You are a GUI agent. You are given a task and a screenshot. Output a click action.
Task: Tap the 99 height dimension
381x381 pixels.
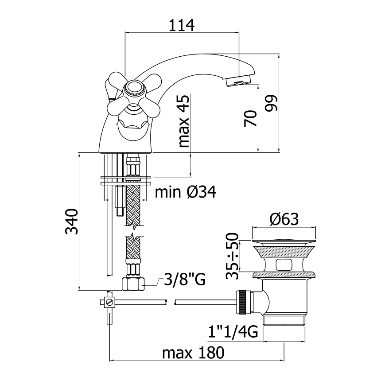pyautogui.click(x=271, y=103)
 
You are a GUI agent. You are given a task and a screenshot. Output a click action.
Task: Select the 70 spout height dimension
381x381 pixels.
pyautogui.click(x=250, y=118)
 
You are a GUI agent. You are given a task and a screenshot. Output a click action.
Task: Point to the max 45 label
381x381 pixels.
pyautogui.click(x=184, y=121)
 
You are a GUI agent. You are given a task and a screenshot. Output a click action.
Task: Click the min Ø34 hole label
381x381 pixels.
pyautogui.click(x=185, y=192)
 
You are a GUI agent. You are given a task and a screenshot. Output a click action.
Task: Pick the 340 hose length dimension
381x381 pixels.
pyautogui.click(x=72, y=221)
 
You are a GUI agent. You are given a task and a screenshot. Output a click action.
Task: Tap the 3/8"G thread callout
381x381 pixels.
pyautogui.click(x=185, y=279)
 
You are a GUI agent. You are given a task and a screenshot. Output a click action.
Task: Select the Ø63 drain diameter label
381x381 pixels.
pyautogui.click(x=284, y=219)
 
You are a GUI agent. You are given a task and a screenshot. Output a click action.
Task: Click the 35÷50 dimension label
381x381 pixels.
pyautogui.click(x=232, y=256)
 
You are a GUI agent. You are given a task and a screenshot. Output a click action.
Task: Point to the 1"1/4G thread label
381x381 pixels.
pyautogui.click(x=233, y=332)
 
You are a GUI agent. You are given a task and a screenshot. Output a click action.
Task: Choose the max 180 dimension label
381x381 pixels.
pyautogui.click(x=193, y=353)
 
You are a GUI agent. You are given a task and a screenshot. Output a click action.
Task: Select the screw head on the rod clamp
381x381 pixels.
pyautogui.click(x=110, y=302)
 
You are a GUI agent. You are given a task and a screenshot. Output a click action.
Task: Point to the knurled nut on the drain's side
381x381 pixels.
pyautogui.click(x=242, y=302)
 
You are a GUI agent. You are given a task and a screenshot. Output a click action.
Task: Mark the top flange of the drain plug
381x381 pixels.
pyautogui.click(x=284, y=241)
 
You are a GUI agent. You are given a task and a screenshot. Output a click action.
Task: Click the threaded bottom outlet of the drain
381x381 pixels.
pyautogui.click(x=284, y=321)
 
